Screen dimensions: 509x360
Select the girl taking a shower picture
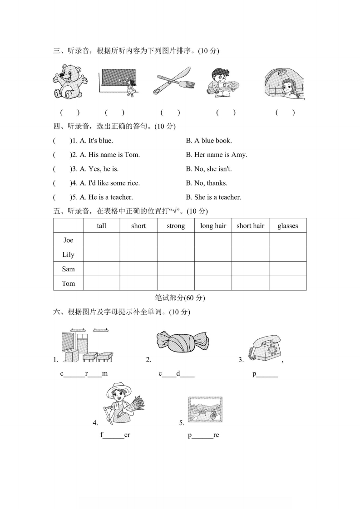pos(285,83)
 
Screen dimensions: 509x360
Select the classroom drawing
pos(87,345)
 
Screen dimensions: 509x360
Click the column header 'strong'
pos(176,225)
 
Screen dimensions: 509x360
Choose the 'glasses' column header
pos(287,225)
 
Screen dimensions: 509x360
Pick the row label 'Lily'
pos(68,254)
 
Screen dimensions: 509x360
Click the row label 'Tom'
pos(68,284)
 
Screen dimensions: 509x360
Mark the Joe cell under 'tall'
pos(101,240)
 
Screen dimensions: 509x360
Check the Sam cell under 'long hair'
pos(213,269)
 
